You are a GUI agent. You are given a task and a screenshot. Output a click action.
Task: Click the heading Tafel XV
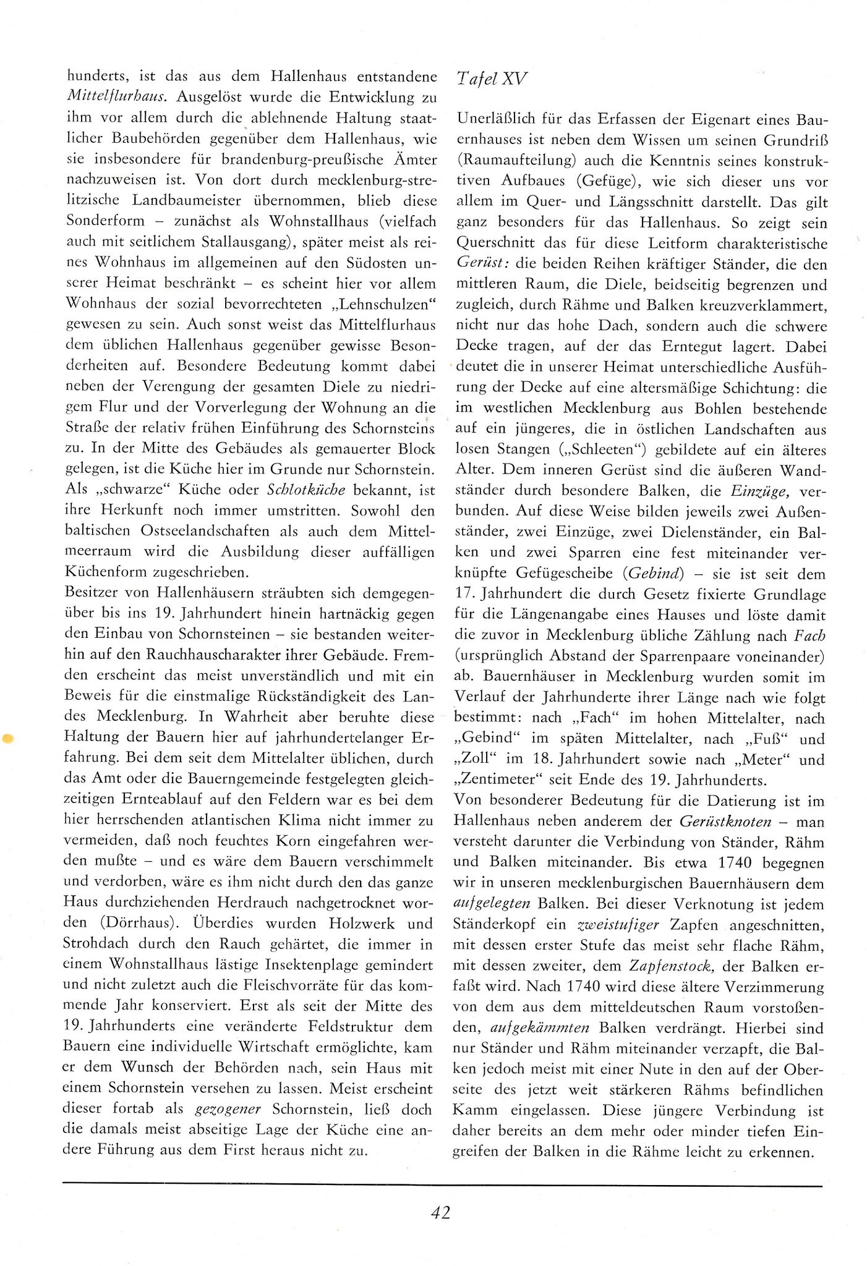[x=491, y=79]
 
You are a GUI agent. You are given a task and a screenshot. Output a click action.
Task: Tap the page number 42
[x=440, y=1212]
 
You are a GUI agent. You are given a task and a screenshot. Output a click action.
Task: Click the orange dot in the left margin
[x=8, y=738]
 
